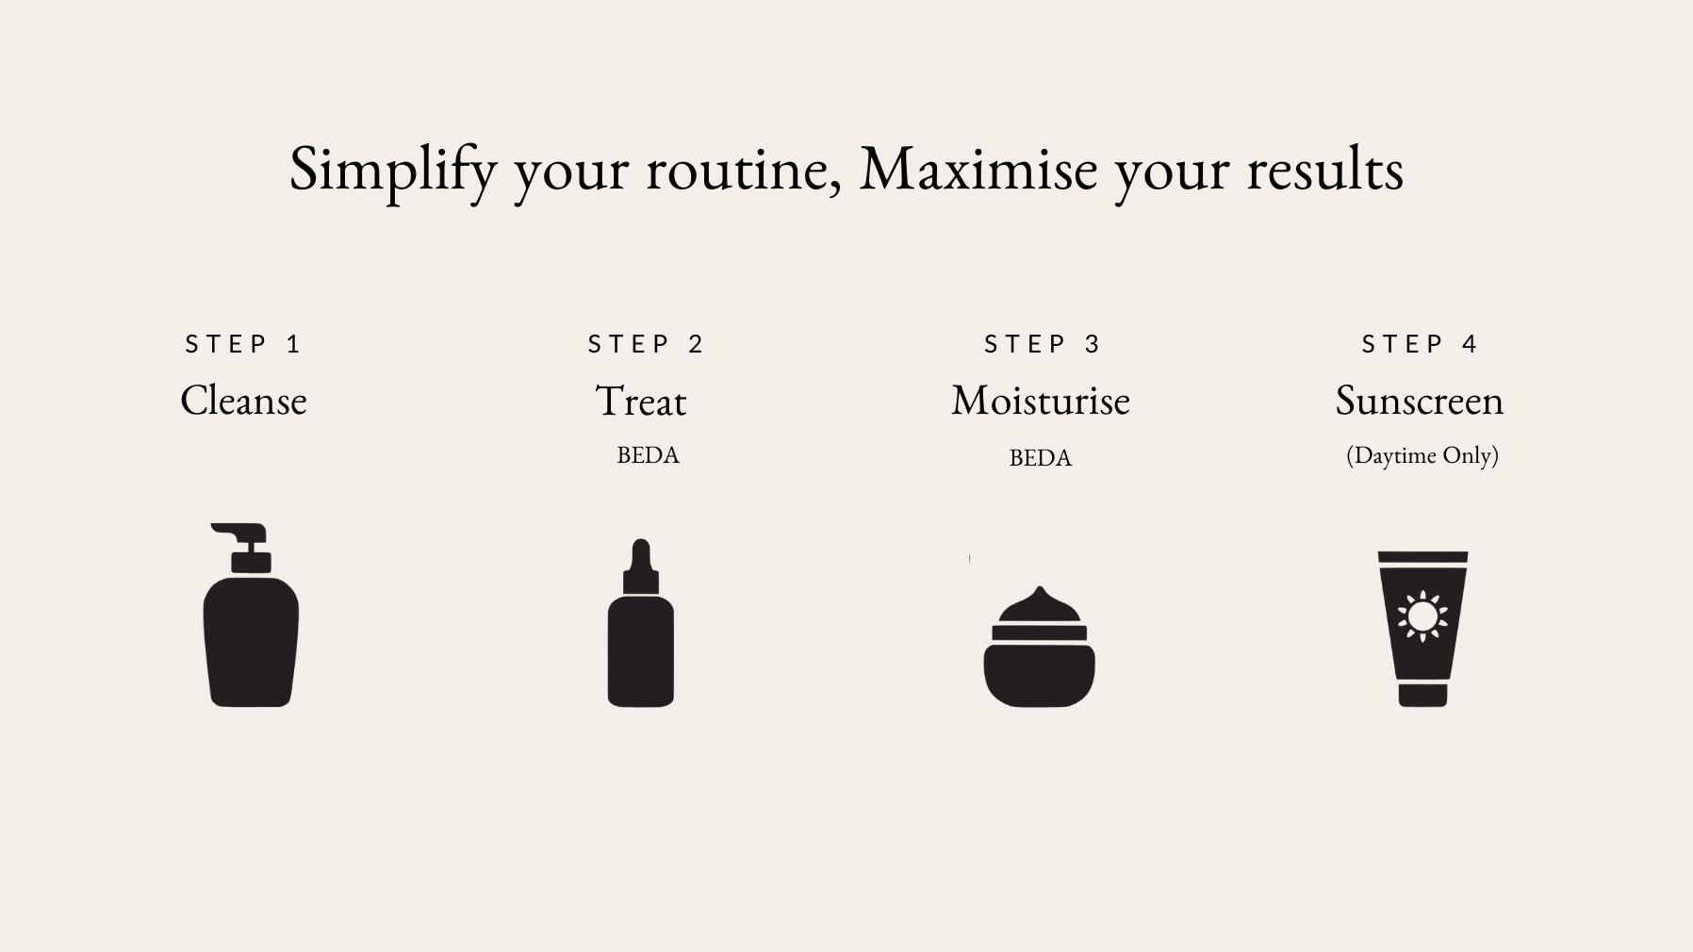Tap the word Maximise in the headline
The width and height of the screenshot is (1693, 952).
[978, 169]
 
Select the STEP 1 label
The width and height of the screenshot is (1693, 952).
[242, 344]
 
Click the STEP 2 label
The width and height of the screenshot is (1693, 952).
[646, 344]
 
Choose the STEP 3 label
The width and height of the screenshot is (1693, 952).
[1042, 344]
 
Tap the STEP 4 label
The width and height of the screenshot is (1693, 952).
[1420, 344]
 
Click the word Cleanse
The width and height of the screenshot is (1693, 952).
[243, 401]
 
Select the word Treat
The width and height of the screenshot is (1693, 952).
[641, 402]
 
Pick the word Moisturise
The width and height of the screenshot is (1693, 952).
[1041, 401]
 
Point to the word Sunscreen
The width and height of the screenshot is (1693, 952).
[1420, 401]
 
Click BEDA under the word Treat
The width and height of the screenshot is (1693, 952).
[648, 455]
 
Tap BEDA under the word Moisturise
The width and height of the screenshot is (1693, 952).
[1041, 458]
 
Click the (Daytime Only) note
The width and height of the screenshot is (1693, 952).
[1422, 455]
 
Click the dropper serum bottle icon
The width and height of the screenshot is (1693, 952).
[641, 623]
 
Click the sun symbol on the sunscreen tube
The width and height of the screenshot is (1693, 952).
[1422, 616]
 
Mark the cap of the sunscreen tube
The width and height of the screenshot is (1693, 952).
[1422, 696]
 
